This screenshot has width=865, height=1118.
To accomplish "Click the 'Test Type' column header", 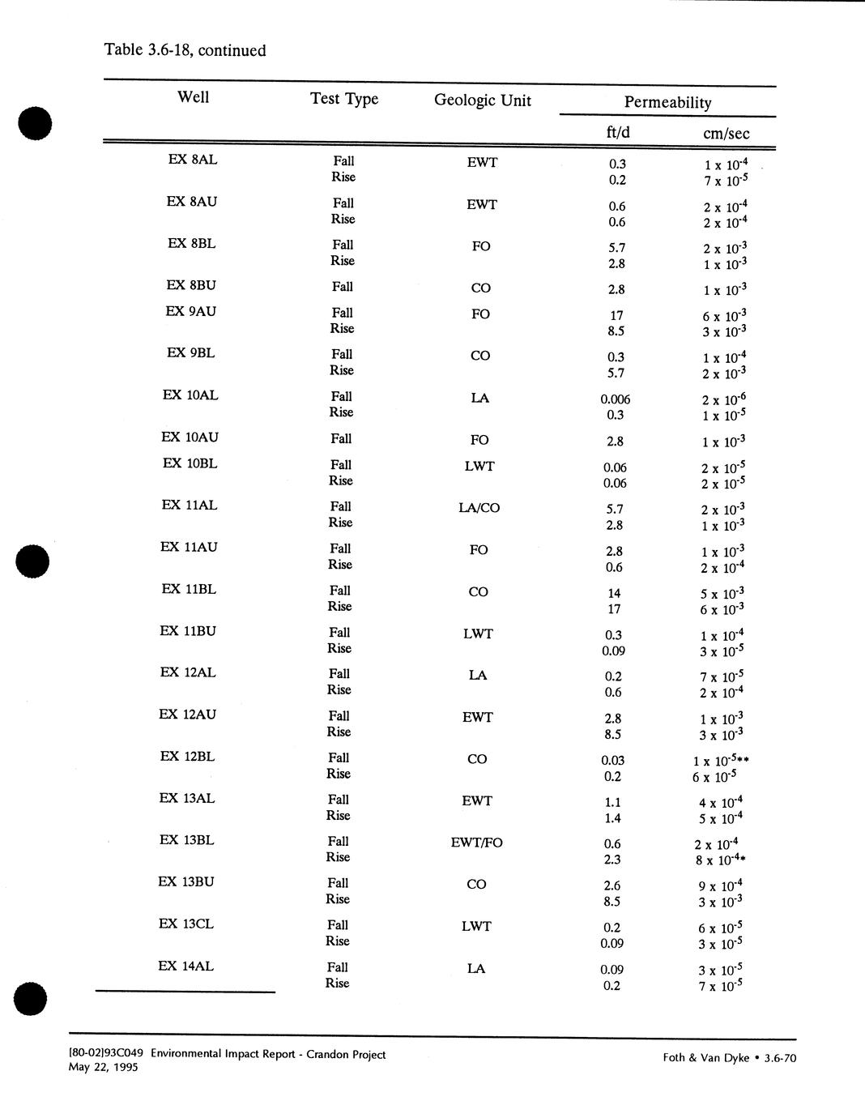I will tap(344, 99).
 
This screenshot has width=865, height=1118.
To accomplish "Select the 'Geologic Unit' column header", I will tap(483, 100).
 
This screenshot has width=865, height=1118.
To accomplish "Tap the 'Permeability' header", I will tap(667, 103).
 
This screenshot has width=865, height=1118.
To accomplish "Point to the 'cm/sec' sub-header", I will tap(726, 134).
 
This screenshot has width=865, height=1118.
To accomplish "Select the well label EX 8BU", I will tap(191, 285).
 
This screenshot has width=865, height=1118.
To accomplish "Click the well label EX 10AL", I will tap(190, 395).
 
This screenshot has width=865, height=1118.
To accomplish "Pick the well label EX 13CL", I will tap(186, 924).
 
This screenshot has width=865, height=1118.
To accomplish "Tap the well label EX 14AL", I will tap(186, 967).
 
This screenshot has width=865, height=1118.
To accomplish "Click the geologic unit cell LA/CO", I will tap(479, 508).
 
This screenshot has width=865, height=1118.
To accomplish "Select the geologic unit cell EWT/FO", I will tap(476, 843).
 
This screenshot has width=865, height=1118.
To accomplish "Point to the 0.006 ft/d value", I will tap(616, 399).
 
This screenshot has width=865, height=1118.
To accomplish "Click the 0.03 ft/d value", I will tap(612, 761).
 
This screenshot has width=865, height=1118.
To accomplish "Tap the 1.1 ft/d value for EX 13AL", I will tap(612, 803).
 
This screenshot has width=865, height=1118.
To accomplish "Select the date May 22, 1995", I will tap(104, 1067).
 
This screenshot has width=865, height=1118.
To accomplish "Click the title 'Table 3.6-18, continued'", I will tap(185, 50).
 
